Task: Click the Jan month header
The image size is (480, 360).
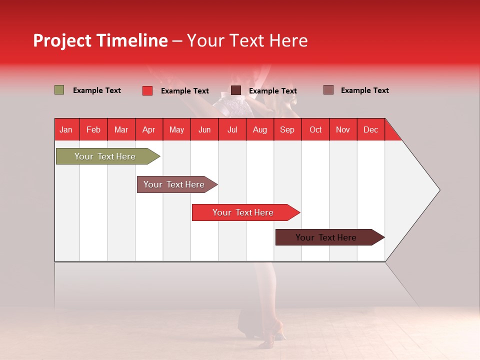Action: [66, 129]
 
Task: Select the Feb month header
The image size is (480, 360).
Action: [93, 129]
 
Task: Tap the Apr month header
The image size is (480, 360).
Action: [148, 129]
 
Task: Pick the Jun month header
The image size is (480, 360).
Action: [204, 129]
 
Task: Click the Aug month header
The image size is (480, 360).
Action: [259, 129]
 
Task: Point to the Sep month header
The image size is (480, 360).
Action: [287, 129]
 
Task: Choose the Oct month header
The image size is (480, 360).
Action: [315, 129]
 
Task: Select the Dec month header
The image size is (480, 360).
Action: [370, 129]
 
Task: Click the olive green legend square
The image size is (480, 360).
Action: [59, 90]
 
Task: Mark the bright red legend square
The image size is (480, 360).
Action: [147, 90]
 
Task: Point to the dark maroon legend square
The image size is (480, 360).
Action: [236, 90]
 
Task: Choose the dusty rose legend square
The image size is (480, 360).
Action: [328, 90]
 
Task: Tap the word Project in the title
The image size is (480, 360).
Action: [62, 40]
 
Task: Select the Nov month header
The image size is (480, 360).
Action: [342, 129]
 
